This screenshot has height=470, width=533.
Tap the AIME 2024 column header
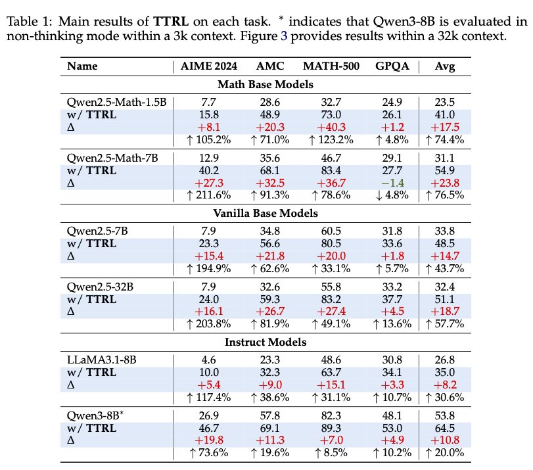[209, 66]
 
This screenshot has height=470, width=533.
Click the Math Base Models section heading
[265, 84]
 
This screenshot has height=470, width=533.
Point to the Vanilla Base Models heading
[265, 213]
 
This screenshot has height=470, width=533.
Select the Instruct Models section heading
[265, 342]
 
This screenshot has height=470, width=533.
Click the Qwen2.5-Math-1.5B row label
[117, 102]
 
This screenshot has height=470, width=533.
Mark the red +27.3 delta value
[209, 182]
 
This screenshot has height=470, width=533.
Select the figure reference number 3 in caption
[284, 35]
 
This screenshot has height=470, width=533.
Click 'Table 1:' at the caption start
[29, 22]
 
